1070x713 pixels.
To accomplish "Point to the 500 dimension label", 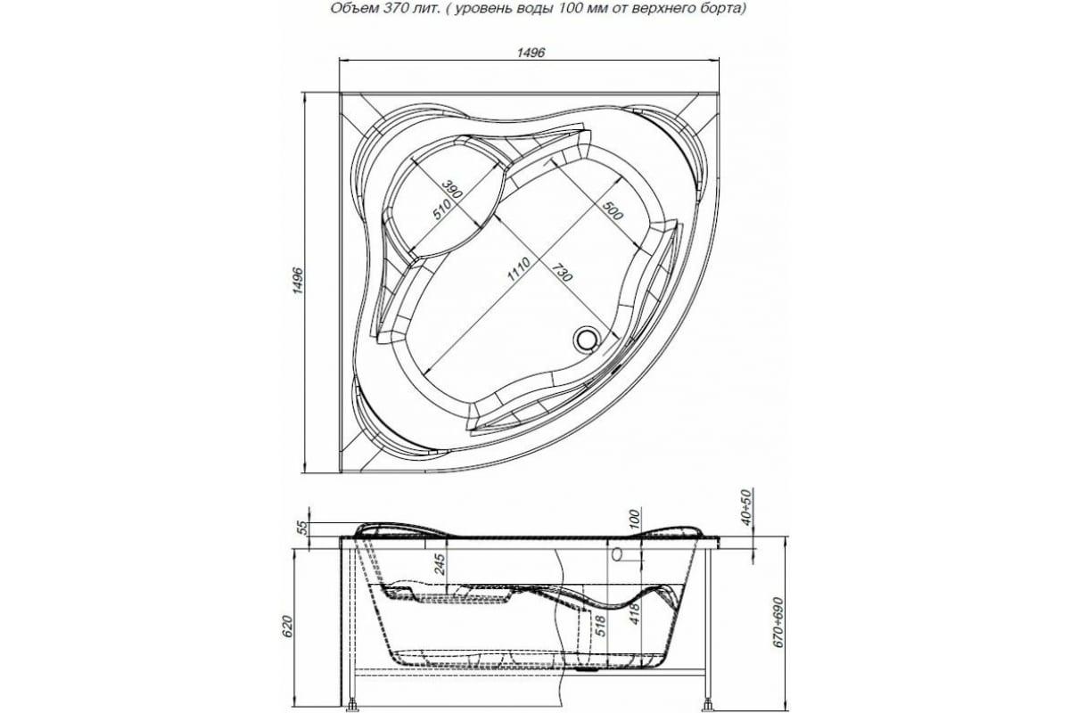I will coord(612,214).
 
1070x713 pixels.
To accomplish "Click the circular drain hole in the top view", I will coord(586,339).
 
